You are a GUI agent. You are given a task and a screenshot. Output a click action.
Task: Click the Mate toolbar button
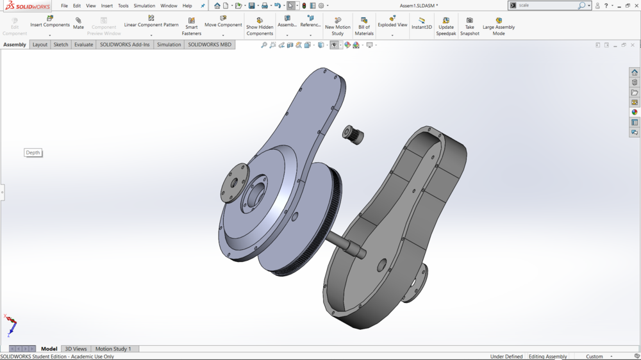point(78,23)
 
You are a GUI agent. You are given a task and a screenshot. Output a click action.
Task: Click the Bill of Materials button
point(364,26)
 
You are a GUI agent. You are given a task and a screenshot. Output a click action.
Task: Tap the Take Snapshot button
point(469,26)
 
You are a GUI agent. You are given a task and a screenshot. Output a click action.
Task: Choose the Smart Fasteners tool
point(191,26)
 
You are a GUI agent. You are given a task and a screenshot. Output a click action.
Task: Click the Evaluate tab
point(83,45)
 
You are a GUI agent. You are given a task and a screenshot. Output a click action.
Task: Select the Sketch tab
point(60,45)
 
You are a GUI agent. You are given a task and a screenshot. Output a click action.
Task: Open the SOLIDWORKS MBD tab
point(210,45)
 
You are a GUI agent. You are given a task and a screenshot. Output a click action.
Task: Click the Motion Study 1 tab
point(113,348)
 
